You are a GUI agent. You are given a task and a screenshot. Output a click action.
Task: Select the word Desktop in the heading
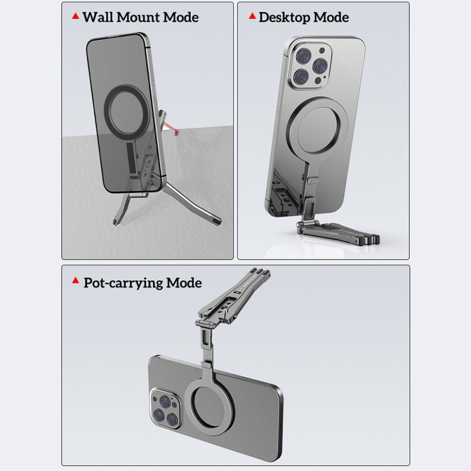[284, 18]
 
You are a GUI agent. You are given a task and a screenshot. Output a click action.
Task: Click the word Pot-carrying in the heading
[123, 283]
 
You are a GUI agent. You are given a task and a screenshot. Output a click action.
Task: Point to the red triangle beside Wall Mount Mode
[76, 16]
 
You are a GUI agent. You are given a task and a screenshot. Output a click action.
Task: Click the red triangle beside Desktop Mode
[253, 16]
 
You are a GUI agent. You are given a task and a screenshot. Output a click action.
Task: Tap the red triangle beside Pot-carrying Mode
[76, 281]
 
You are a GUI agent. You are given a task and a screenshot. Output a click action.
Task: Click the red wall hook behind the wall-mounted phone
[171, 127]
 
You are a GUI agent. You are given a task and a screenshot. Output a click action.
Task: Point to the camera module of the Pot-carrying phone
[166, 409]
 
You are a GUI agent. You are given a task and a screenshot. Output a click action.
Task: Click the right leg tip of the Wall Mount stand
[217, 221]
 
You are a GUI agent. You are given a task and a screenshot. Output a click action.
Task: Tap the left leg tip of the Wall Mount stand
[115, 223]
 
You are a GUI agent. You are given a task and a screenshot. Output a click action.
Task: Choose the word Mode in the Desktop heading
[331, 18]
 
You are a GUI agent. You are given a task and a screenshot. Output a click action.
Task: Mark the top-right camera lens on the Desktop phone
[320, 65]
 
